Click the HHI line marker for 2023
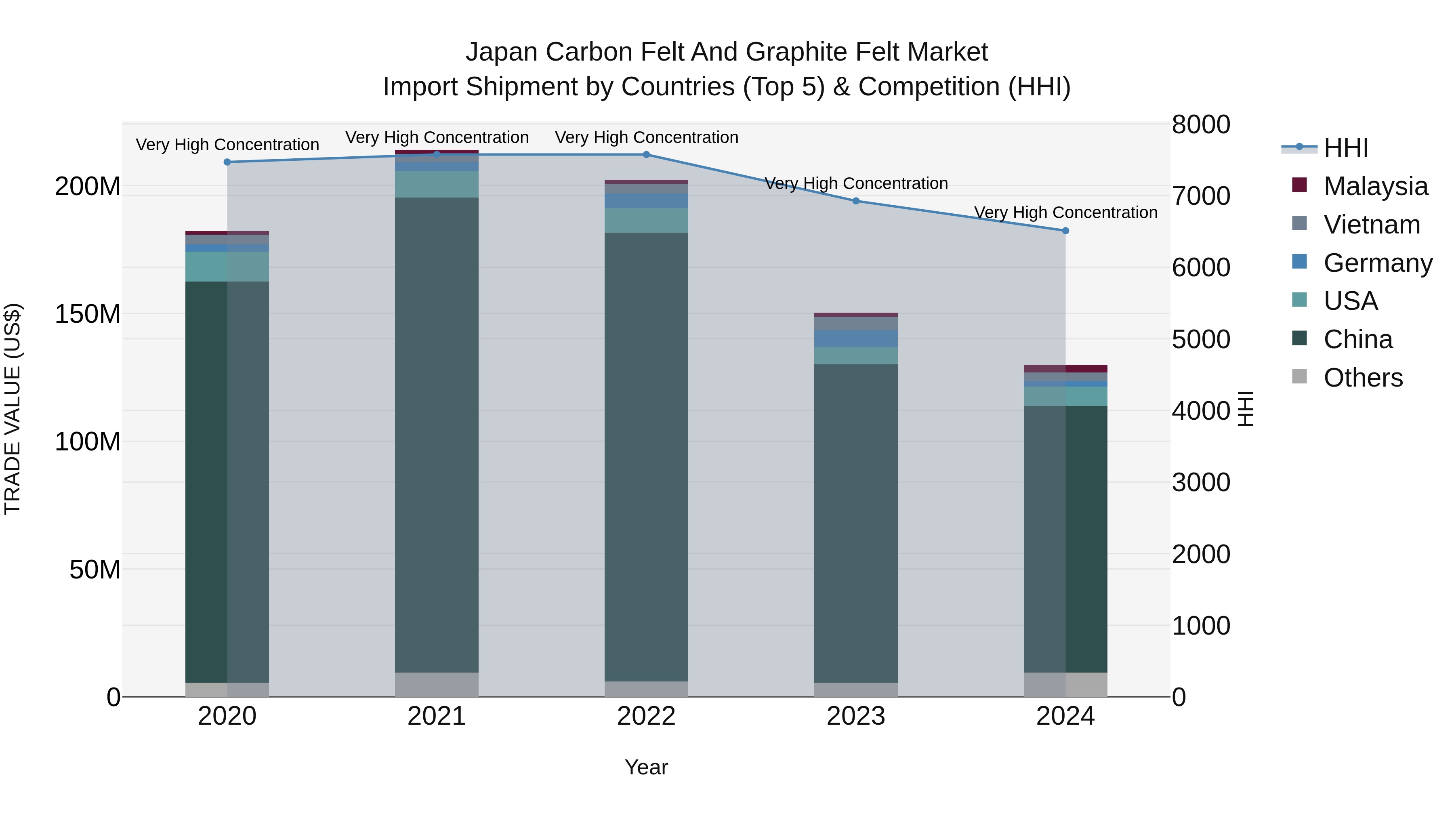[856, 201]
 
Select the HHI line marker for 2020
[227, 162]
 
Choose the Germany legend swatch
[1299, 262]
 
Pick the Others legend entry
[1363, 378]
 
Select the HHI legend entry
[1346, 148]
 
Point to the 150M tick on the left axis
[88, 314]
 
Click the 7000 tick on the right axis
[1201, 196]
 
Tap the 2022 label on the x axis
[646, 716]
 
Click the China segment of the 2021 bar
[436, 435]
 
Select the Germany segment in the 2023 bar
[856, 339]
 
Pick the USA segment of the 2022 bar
[646, 220]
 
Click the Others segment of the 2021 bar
[436, 684]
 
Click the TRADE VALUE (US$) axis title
[13, 409]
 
